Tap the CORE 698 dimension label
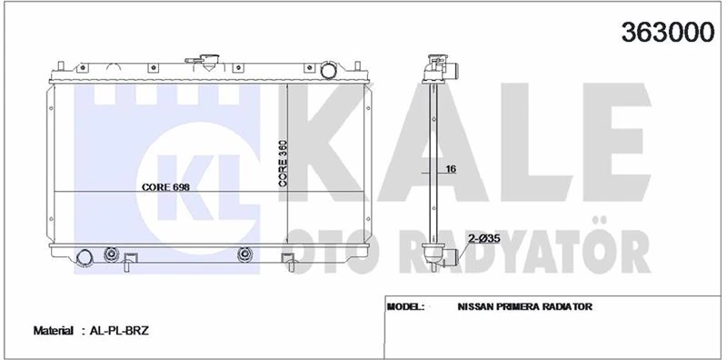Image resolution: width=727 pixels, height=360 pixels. (x=165, y=187)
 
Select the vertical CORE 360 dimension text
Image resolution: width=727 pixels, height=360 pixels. (x=283, y=164)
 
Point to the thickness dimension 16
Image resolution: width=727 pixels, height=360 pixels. (x=451, y=169)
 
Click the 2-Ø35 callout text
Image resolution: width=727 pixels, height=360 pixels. (x=483, y=240)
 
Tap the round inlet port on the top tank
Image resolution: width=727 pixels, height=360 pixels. (x=329, y=70)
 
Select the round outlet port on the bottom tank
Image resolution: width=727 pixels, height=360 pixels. (x=84, y=257)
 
